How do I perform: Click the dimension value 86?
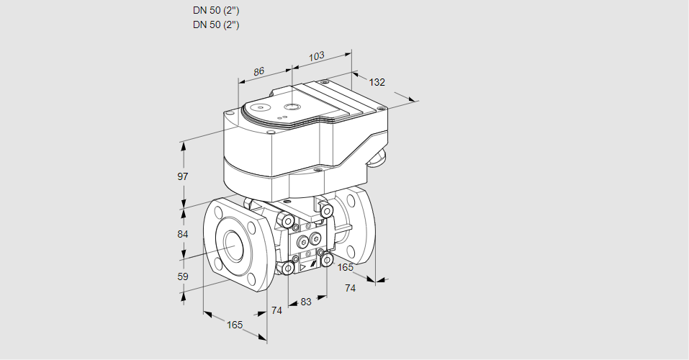(259, 71)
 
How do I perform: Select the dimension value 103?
(316, 55)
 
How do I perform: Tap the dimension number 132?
(377, 82)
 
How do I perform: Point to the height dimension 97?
(183, 176)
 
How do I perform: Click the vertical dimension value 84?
(183, 235)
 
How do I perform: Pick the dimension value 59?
(183, 276)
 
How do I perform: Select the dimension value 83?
(306, 302)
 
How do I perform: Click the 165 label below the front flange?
(235, 325)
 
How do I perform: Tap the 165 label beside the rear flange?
(346, 268)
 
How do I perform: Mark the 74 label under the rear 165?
(351, 288)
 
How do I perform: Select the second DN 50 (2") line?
(216, 24)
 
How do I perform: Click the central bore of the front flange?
(233, 246)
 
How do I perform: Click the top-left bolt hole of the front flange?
(217, 212)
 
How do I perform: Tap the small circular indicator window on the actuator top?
(290, 107)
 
